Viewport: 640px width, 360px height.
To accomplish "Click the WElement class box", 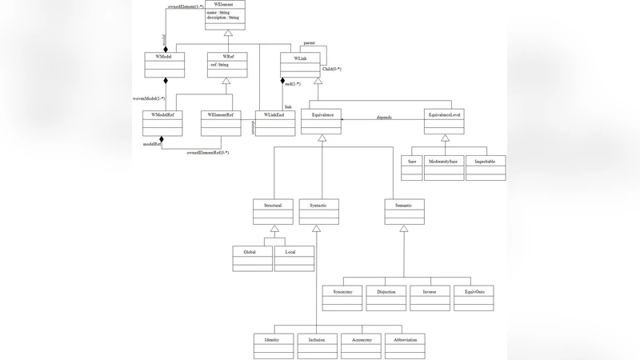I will (225, 15).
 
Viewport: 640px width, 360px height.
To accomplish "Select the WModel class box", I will (165, 65).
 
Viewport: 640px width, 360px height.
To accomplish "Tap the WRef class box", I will (226, 65).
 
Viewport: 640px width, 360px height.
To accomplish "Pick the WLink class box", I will (300, 65).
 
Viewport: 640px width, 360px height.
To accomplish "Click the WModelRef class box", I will (162, 122).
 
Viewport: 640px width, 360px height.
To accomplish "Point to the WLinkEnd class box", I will (274, 122).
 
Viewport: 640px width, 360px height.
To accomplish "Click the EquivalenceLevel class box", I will (444, 121).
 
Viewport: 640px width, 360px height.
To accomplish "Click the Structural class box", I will (273, 211).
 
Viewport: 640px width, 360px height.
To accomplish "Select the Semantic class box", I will (404, 211).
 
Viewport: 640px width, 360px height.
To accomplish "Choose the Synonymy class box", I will (343, 297).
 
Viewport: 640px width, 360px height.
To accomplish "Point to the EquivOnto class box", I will (474, 297).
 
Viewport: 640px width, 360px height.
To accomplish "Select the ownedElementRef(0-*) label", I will (208, 152).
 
